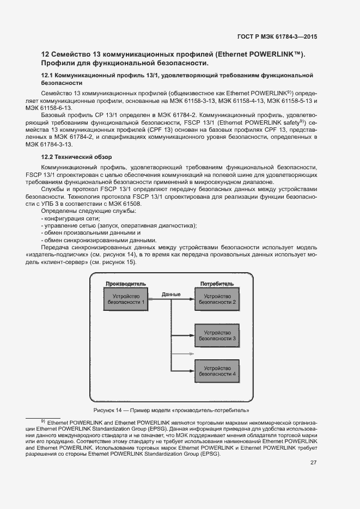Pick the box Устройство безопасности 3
click(x=217, y=335)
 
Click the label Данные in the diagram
click(x=171, y=295)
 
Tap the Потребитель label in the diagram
click(x=217, y=284)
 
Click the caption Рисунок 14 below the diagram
click(x=171, y=410)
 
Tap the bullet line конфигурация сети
click(x=71, y=218)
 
